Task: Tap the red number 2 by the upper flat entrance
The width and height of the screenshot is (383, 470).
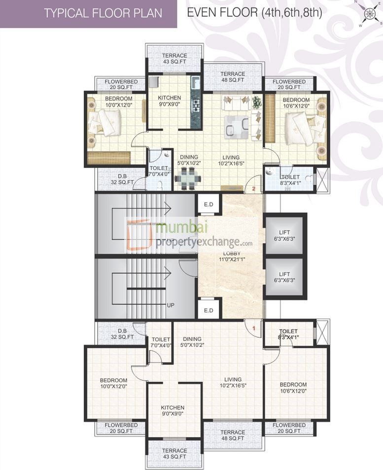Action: [253, 188]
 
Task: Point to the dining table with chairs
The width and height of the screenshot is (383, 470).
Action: [187, 178]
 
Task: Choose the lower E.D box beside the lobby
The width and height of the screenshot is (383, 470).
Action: [208, 310]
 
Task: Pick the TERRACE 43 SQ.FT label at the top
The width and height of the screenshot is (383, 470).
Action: [174, 59]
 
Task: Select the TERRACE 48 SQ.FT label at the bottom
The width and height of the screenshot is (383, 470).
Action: [233, 436]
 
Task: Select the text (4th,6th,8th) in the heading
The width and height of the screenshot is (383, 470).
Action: [291, 13]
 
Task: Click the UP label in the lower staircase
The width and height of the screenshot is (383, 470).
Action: [171, 305]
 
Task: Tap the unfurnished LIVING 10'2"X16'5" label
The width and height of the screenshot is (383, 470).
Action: [233, 382]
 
